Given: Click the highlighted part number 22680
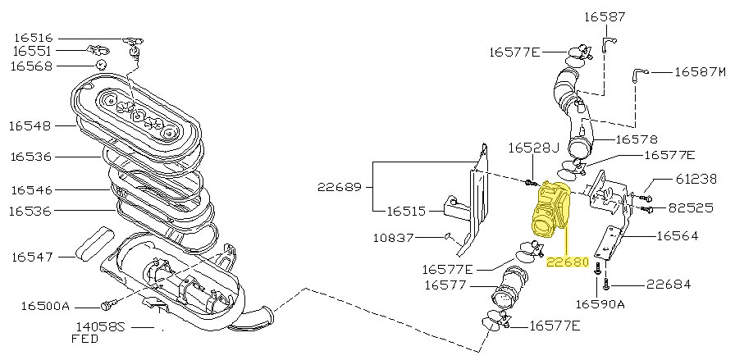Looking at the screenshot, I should tap(568, 262).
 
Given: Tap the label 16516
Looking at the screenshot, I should tap(32, 37).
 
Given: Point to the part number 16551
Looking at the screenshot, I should tap(32, 51).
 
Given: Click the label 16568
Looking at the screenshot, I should tap(32, 66).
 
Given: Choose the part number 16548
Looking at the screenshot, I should tap(31, 126).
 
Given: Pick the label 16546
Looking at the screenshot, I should tap(31, 189).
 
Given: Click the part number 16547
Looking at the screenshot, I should tap(32, 257).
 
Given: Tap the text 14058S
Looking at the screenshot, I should tap(98, 326).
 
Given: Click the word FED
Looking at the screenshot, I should tap(84, 338).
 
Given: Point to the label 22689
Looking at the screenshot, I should tap(339, 187).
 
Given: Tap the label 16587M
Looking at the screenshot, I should tap(701, 72).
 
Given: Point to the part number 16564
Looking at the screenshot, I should tap(677, 235).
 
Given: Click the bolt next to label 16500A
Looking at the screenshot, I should tap(105, 306).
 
